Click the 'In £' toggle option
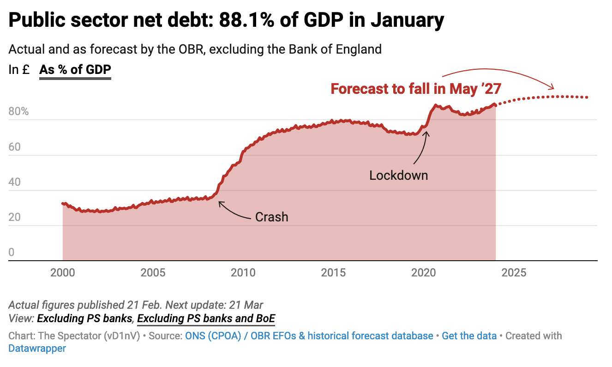[x=19, y=70]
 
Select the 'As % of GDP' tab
[x=75, y=70]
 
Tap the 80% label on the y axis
[x=18, y=112]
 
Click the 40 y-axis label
[x=15, y=182]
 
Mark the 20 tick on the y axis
[x=15, y=217]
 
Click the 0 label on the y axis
[x=12, y=252]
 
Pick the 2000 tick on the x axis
[x=63, y=273]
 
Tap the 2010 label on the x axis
[x=243, y=273]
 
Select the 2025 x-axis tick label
[x=514, y=273]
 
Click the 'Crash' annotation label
[x=271, y=217]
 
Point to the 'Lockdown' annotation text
[x=398, y=176]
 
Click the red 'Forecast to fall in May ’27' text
[x=416, y=89]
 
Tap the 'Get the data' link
[x=469, y=336]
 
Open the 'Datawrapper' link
[x=37, y=348]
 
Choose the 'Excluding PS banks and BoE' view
[x=206, y=318]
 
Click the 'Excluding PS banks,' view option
[x=86, y=318]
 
